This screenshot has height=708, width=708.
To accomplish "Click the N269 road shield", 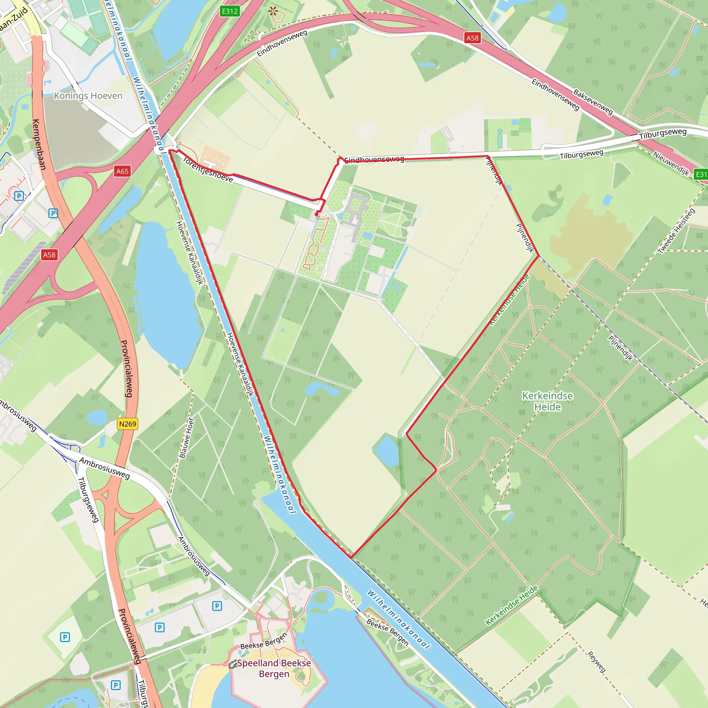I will (x=128, y=424).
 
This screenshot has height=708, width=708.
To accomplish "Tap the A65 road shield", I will (x=122, y=171).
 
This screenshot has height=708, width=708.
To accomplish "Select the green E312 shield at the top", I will (x=230, y=11).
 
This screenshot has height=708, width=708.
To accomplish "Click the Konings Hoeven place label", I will (x=88, y=96).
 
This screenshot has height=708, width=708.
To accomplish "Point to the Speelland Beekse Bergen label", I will (x=274, y=669).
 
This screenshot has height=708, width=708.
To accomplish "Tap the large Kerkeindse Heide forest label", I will (x=548, y=401).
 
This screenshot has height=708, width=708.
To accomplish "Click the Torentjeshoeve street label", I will (x=207, y=170).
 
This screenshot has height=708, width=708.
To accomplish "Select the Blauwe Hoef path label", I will (x=187, y=438).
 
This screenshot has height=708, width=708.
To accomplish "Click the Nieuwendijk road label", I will (x=671, y=163).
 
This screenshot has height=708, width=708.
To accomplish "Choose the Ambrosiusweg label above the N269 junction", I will (x=105, y=468).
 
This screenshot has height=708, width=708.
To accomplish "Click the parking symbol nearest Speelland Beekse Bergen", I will (x=217, y=606).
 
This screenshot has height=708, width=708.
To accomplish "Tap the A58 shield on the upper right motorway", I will (x=472, y=38).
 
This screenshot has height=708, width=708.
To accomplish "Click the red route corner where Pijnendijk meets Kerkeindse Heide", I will (x=538, y=256).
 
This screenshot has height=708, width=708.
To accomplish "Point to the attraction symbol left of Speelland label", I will (x=232, y=665).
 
